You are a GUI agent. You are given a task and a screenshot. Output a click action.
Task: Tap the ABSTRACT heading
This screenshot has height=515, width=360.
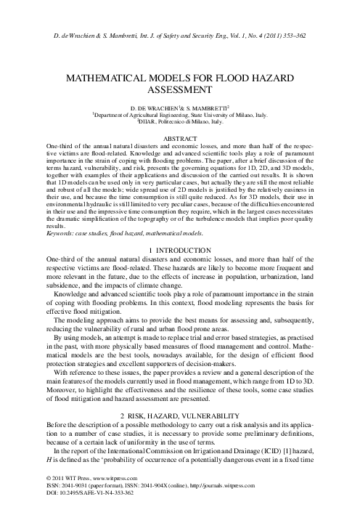coord(180,137)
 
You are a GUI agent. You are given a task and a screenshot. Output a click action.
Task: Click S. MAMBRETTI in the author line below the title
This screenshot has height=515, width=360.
coord(205,107)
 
